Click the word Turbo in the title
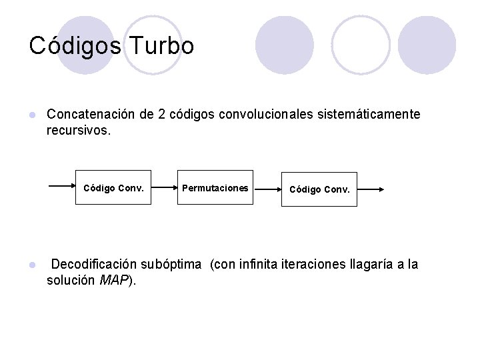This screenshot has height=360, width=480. (x=163, y=46)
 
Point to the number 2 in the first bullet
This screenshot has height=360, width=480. (x=161, y=114)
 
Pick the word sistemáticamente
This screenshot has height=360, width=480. (x=369, y=114)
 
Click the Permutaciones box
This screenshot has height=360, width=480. (x=215, y=188)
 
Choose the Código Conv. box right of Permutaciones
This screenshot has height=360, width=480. (x=319, y=189)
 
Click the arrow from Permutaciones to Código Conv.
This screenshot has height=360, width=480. (x=267, y=189)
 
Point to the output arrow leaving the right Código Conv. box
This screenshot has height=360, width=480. (x=371, y=189)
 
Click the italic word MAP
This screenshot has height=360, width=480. (x=113, y=281)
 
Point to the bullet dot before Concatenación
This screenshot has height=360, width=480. (x=31, y=115)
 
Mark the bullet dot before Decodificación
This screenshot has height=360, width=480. (x=31, y=265)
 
